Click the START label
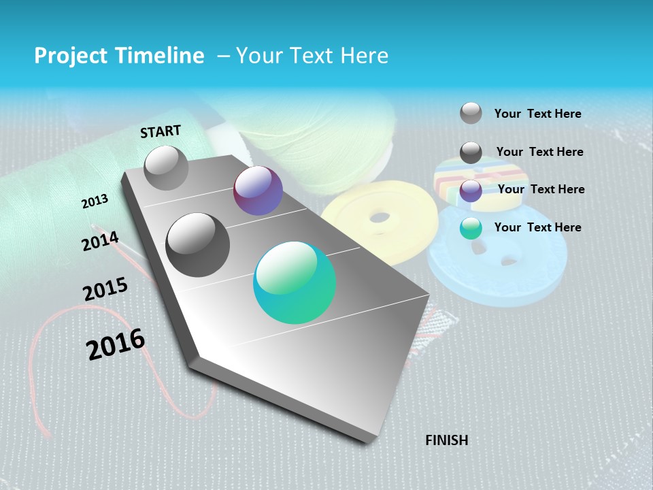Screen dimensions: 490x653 pos(161,131)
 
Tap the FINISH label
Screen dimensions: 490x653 pos(447,440)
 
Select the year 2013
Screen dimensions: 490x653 pos(95,201)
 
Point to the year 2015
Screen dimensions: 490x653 pos(105,289)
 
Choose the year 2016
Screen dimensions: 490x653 pos(116,344)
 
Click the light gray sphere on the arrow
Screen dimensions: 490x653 pos(166,167)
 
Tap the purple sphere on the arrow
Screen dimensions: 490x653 pos(258,191)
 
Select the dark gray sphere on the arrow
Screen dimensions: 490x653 pos(198,245)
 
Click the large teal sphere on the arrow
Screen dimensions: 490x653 pos(295,282)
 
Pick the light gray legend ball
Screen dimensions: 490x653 pos(471,113)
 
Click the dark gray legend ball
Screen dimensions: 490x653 pos(471,152)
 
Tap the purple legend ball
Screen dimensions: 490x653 pos(471,191)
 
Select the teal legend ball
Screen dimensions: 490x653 pos(471,228)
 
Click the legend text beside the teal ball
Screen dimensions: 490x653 pos(537,227)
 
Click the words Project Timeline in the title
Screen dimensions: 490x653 pos(119,56)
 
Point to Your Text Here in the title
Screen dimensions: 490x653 pos(312,56)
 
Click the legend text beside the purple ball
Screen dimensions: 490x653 pos(541,189)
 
